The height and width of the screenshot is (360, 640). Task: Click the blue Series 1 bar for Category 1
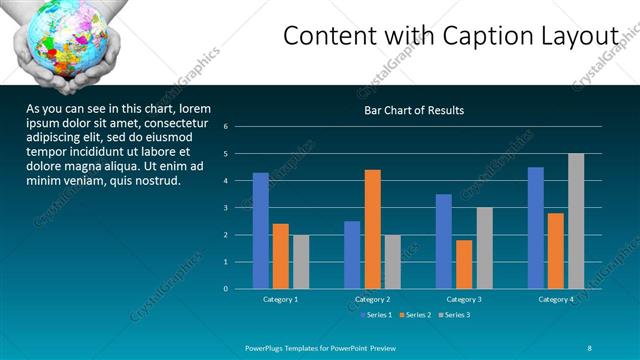point(260,231)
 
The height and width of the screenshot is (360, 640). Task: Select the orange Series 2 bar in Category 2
point(372,229)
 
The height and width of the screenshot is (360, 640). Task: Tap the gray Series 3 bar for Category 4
point(576,221)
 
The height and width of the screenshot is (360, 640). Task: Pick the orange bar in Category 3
point(464,264)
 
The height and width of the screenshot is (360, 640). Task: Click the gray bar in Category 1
point(300,262)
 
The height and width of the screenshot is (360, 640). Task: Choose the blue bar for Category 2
point(352,255)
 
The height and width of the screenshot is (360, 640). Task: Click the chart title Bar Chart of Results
point(413,111)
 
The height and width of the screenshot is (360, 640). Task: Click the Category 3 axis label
point(463,299)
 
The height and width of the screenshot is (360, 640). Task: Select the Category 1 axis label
point(280,299)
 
